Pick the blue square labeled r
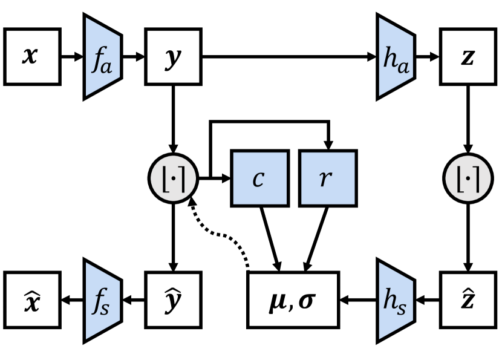click(x=328, y=179)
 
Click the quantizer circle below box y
click(x=174, y=179)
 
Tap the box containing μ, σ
click(x=293, y=300)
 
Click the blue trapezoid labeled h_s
click(x=395, y=300)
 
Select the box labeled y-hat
click(x=173, y=300)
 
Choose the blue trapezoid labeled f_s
click(x=102, y=300)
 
